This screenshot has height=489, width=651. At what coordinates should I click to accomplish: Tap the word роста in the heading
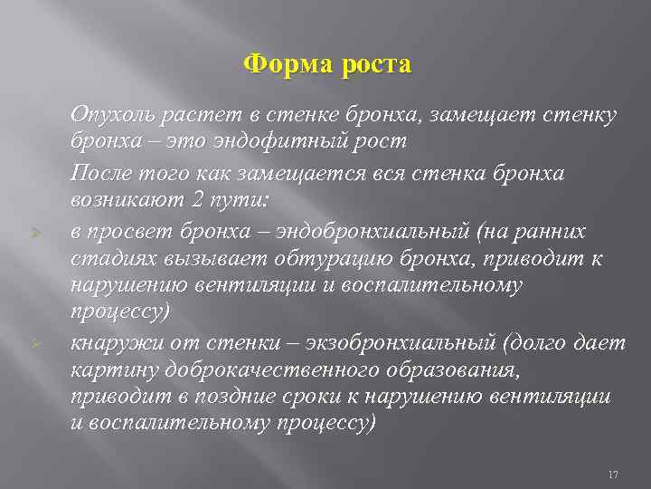[x=373, y=65]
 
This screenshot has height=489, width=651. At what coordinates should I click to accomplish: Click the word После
[x=99, y=174]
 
